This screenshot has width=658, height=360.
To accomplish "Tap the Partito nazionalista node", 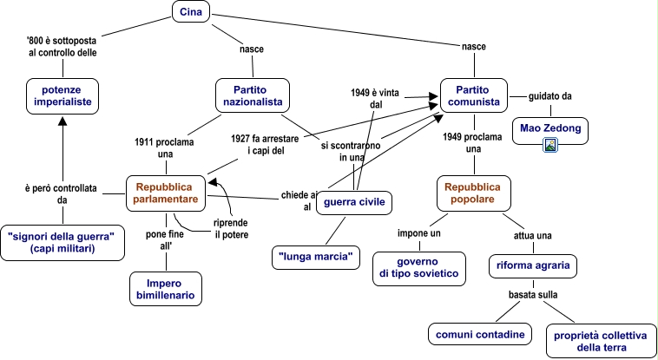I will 252,95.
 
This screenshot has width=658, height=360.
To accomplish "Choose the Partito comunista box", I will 473,95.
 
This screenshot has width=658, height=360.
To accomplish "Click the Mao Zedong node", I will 550,129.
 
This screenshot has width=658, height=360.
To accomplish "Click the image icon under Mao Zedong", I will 550,145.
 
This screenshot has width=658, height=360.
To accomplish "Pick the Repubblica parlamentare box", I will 167,193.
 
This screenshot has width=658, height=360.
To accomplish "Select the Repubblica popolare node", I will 474,193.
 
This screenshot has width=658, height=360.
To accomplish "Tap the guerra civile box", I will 354,204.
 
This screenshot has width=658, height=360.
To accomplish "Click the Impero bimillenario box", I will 165,289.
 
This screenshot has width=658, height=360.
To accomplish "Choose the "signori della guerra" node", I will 61,242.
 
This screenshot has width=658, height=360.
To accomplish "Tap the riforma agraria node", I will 532,266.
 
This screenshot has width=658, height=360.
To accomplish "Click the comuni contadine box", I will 479,334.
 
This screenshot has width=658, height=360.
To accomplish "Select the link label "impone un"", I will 419,234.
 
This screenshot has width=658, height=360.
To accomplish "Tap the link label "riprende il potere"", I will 230,229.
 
